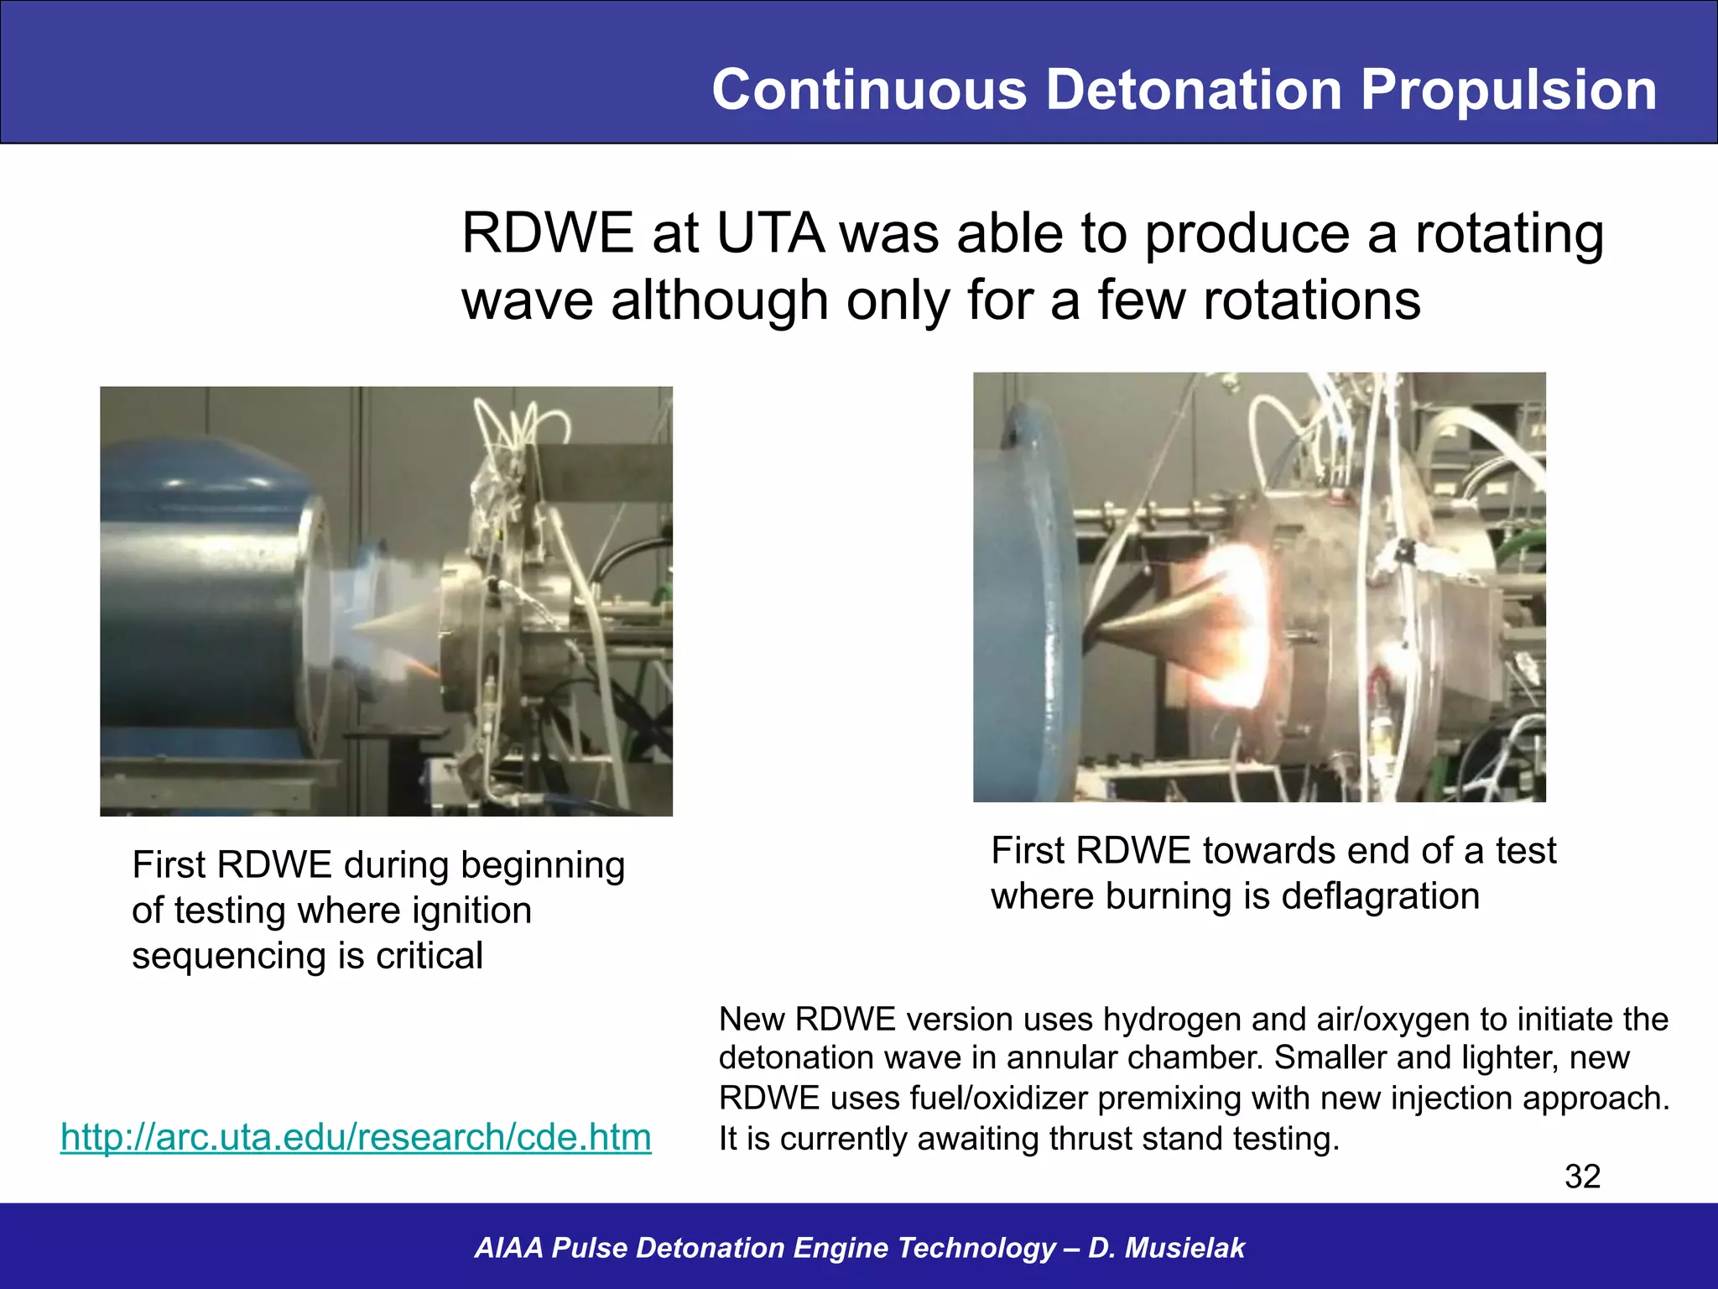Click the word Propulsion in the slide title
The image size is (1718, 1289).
1507,90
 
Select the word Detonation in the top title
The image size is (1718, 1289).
1194,90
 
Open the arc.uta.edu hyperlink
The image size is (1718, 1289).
356,1137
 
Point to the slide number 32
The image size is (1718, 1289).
1582,1177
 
